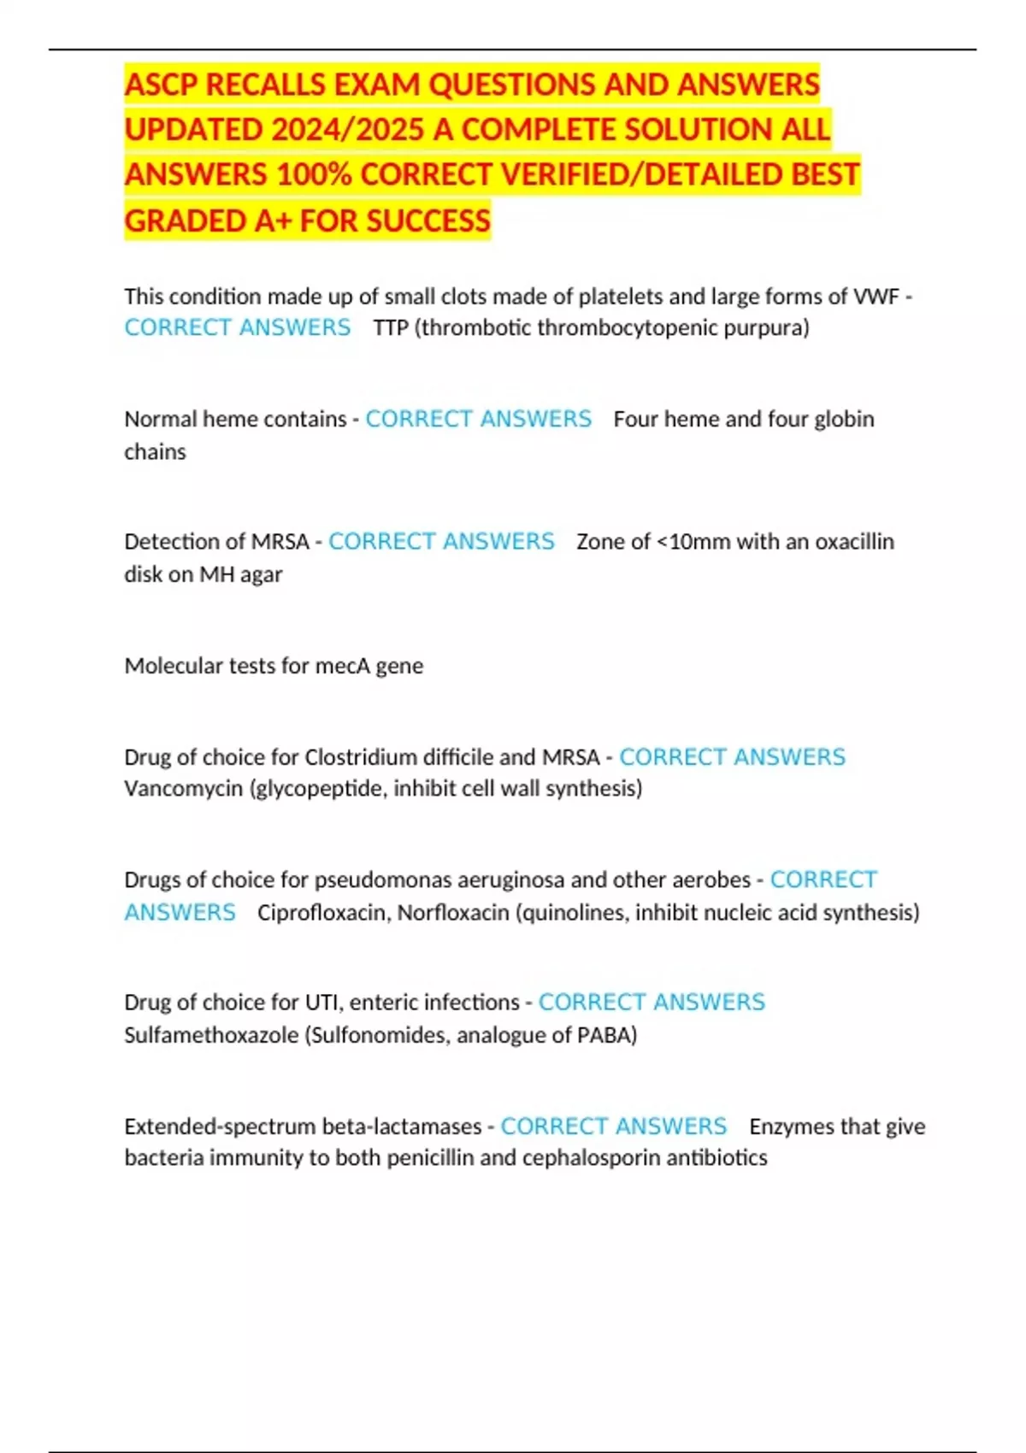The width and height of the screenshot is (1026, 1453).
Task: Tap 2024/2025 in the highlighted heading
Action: pos(346,130)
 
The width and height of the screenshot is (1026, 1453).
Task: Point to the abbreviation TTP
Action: pos(391,327)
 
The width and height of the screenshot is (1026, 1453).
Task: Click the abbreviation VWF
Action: pos(876,297)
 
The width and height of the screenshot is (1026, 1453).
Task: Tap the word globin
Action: pos(844,419)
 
